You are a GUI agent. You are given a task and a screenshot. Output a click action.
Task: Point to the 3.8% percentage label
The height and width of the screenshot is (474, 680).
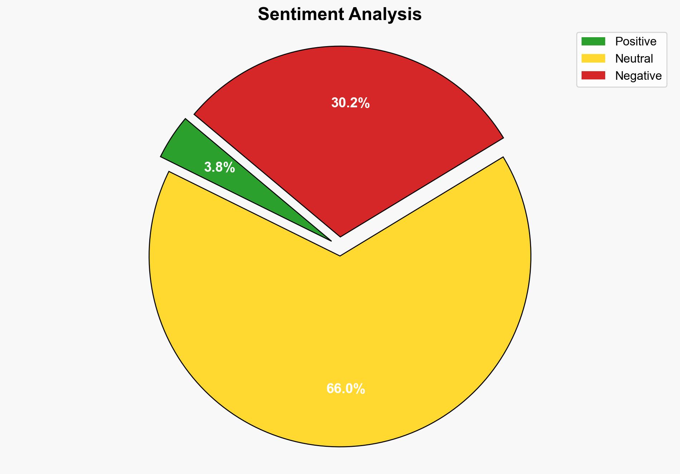coord(219,167)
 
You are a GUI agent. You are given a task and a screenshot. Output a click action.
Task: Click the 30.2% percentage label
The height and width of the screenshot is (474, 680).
coord(350,103)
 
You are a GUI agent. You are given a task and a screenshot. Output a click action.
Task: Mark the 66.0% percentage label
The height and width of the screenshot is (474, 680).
coord(345,389)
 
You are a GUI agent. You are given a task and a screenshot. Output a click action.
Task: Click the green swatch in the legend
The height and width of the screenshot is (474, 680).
coord(593,41)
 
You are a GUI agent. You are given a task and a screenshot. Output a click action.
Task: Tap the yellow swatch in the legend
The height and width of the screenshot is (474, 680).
coord(593,58)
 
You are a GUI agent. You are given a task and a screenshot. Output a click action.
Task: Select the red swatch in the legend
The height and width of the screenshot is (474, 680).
coord(593,75)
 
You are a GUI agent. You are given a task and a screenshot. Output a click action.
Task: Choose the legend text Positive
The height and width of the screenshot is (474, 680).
coord(636,41)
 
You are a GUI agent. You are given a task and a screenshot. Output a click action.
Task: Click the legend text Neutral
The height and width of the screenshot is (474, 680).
coord(634,59)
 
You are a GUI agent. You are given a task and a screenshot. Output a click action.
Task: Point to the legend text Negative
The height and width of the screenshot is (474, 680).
coord(638,76)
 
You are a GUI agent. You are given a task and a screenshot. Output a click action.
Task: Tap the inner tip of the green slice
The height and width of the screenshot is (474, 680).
coord(331,240)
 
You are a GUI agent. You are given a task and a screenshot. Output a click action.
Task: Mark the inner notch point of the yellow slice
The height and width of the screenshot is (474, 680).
coord(340,255)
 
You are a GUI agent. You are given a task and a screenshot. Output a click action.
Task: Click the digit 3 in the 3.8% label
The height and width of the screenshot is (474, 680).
coord(208,167)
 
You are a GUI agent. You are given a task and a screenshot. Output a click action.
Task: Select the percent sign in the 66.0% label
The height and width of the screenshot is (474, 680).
coord(360,389)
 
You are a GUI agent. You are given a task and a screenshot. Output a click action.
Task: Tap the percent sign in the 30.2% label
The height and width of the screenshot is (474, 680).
coord(364,103)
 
